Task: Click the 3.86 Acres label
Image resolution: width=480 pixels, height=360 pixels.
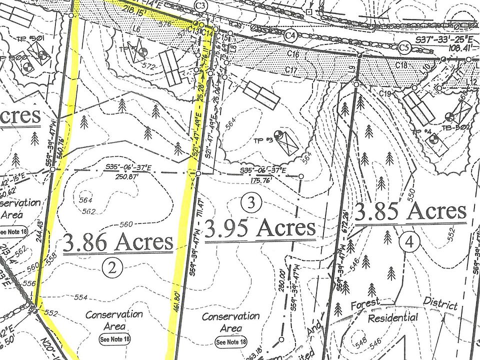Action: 118,242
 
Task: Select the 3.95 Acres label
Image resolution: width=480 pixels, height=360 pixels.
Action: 260,228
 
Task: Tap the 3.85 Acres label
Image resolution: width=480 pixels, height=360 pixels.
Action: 410,211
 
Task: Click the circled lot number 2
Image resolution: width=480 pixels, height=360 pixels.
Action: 112,268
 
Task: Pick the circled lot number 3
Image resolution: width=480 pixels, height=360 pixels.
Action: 251,202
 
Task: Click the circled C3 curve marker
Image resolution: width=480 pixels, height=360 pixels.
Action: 201,6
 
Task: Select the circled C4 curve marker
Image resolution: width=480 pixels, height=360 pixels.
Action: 290,35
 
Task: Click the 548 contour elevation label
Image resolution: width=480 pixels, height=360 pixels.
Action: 360,344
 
